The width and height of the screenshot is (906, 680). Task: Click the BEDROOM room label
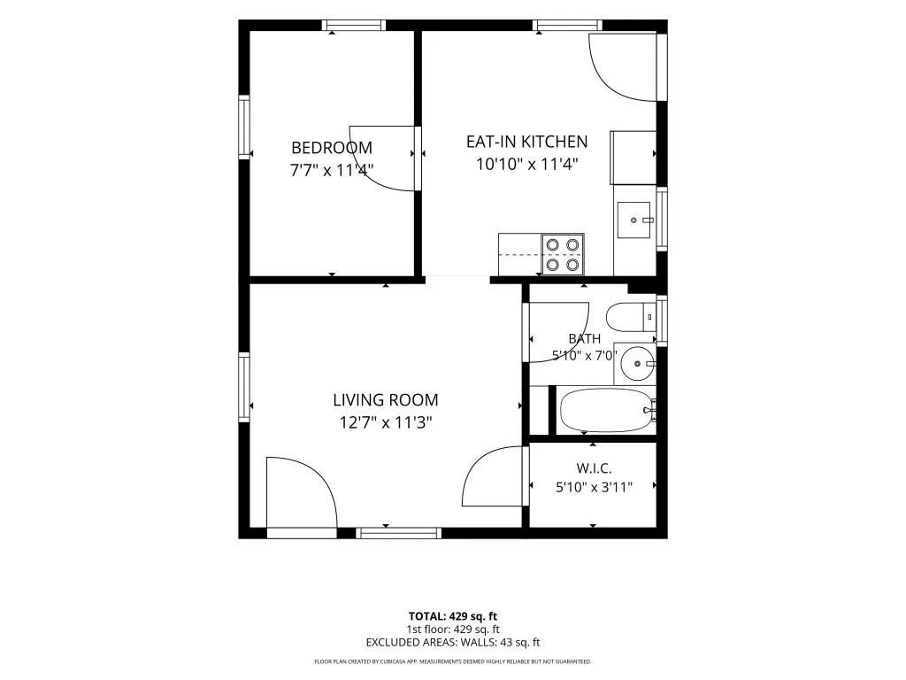[332, 148]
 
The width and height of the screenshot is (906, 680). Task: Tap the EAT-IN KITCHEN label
[527, 142]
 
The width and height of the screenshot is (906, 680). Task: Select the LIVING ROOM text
[386, 400]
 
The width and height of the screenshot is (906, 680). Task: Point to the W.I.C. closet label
[594, 468]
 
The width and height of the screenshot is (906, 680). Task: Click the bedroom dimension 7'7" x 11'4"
[332, 171]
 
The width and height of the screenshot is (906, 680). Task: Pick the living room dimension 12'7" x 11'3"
[386, 422]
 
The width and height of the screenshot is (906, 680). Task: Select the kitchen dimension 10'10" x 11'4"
[527, 164]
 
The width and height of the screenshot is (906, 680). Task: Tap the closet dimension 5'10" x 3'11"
[594, 488]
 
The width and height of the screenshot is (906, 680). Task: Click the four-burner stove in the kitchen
[563, 254]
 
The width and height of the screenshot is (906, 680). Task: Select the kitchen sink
[633, 220]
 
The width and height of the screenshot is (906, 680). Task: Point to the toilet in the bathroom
[631, 317]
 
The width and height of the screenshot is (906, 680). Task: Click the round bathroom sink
[637, 364]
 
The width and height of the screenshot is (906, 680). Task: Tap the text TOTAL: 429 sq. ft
[453, 616]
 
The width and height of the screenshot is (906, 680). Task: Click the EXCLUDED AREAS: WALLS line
[453, 643]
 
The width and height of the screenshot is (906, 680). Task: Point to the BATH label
[585, 339]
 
